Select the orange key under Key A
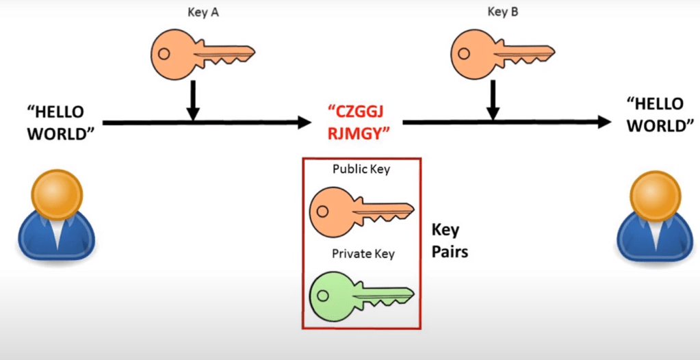(x=202, y=54)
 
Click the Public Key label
(x=361, y=169)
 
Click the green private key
(x=361, y=293)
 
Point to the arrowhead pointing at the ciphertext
(x=302, y=123)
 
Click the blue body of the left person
(x=55, y=240)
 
